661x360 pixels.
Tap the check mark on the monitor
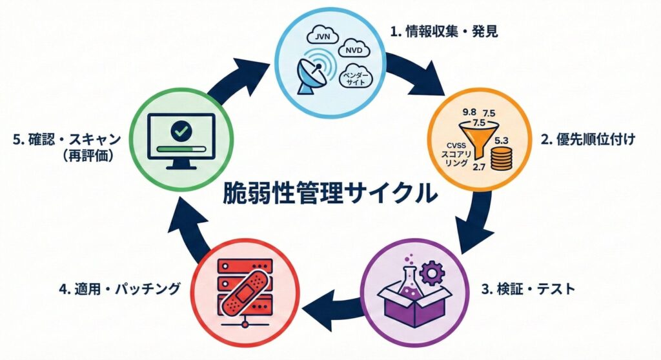(181, 132)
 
